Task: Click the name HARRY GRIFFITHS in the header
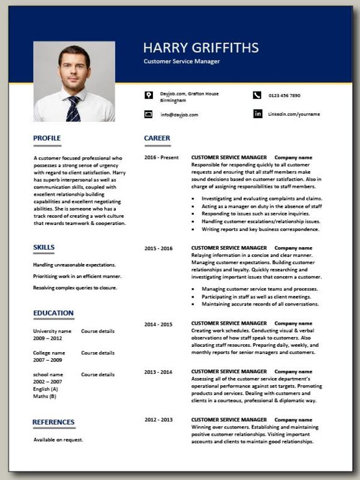201,47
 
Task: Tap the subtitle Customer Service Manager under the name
182,62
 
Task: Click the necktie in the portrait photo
73,109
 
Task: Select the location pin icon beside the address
148,95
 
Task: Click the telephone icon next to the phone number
257,95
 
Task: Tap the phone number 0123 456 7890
284,95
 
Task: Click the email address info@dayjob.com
179,114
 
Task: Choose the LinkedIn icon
257,113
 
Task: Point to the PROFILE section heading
47,138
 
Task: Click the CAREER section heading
157,138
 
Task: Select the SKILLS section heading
44,247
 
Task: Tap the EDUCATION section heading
53,313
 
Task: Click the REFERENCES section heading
53,422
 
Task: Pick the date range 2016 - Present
161,157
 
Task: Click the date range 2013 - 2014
158,372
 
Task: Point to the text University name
52,331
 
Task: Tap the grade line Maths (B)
45,396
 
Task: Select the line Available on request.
58,440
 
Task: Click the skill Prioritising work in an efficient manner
77,276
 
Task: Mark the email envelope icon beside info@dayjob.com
148,114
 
